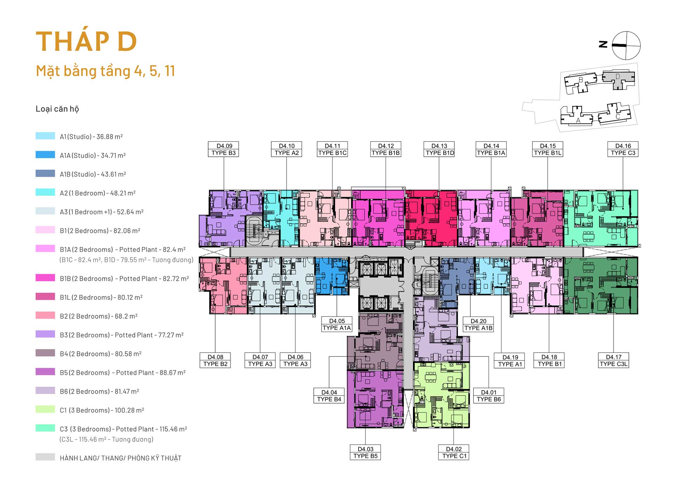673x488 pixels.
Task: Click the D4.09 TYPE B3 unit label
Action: click(x=223, y=149)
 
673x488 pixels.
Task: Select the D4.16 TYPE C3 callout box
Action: click(x=623, y=149)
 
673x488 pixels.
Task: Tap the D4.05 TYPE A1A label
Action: click(x=336, y=324)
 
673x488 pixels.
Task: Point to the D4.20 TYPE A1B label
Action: click(x=478, y=324)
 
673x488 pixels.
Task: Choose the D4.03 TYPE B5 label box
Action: click(x=365, y=452)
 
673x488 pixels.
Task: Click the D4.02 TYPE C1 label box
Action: click(x=454, y=452)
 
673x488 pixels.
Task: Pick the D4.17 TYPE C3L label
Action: click(x=613, y=360)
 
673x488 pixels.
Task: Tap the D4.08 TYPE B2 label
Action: click(x=215, y=360)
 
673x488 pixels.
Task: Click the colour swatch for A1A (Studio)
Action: click(x=45, y=155)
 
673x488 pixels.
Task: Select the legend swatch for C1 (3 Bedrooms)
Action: click(x=45, y=409)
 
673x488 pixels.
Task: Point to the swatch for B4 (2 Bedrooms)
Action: click(x=45, y=353)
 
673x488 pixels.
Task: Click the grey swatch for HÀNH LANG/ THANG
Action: click(x=45, y=457)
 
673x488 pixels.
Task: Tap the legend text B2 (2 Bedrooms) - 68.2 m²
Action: click(x=98, y=316)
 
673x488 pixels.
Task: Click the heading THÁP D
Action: click(x=86, y=41)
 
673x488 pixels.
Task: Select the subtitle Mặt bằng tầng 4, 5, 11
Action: click(x=106, y=71)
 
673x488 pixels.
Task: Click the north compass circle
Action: click(x=626, y=46)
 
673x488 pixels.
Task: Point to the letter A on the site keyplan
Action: click(x=578, y=120)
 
